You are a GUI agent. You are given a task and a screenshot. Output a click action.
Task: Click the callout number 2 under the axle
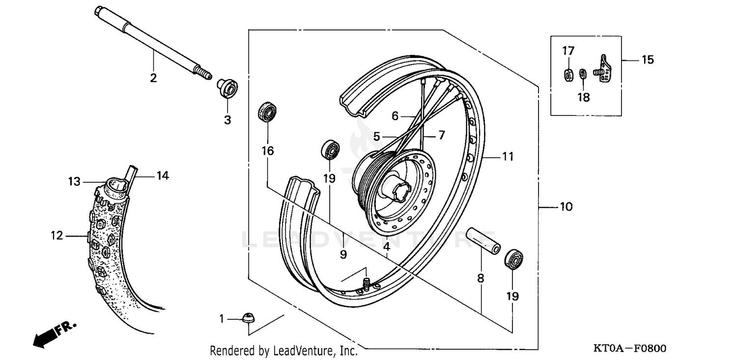tap(153, 78)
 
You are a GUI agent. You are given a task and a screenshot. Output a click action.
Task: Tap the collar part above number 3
tap(227, 88)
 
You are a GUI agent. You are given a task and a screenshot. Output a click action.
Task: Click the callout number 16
tap(268, 150)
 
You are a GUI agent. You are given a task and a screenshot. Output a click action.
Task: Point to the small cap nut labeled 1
tap(247, 318)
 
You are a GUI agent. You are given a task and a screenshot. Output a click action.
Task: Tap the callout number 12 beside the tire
tap(57, 236)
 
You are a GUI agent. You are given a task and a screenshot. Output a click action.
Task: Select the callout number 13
tap(74, 182)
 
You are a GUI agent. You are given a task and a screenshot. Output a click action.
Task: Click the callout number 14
tap(163, 175)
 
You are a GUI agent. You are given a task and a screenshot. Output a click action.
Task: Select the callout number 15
tap(648, 60)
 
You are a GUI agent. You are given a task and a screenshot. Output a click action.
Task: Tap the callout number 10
tap(566, 207)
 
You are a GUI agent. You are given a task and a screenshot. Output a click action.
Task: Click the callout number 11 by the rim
tap(508, 157)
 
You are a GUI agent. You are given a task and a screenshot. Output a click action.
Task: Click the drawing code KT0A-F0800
tap(630, 349)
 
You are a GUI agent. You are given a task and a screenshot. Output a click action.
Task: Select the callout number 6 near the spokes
tap(395, 116)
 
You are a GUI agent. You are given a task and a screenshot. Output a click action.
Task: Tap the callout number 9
tap(343, 254)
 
